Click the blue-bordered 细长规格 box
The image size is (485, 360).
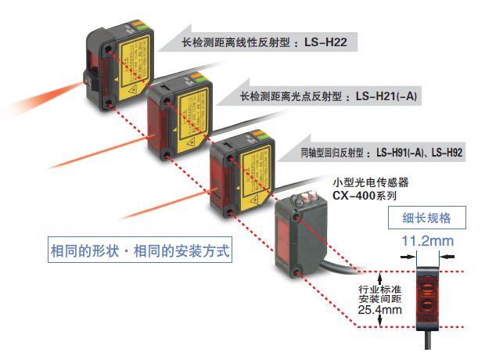(x=427, y=217)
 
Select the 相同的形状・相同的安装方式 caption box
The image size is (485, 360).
(x=140, y=252)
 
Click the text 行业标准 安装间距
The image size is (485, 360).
(x=381, y=291)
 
